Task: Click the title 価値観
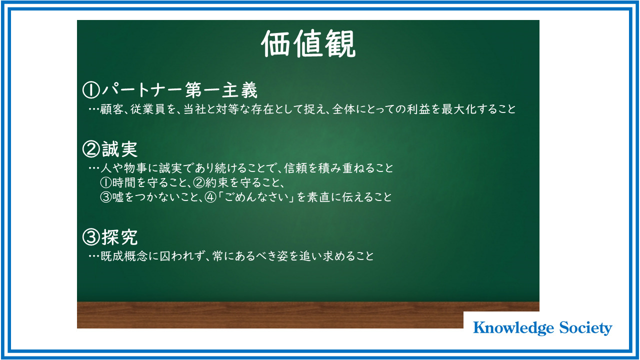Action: point(308,43)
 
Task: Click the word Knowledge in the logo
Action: point(513,328)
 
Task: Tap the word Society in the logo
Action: point(585,328)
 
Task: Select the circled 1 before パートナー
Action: point(91,90)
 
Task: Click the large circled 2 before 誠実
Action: point(91,149)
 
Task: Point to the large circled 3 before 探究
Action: point(91,237)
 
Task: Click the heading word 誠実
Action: point(119,149)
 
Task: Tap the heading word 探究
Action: point(119,237)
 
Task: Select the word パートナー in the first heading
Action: point(142,90)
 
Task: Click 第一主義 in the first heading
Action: point(221,90)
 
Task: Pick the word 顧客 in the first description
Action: point(111,109)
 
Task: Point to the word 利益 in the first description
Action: point(418,109)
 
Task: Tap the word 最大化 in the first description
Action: point(459,109)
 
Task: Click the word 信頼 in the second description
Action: point(295,168)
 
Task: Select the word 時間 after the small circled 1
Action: point(123,182)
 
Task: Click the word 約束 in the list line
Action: point(217,182)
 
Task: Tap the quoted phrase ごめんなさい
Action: point(256,197)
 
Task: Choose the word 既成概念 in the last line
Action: point(124,256)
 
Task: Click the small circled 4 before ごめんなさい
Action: point(211,197)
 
